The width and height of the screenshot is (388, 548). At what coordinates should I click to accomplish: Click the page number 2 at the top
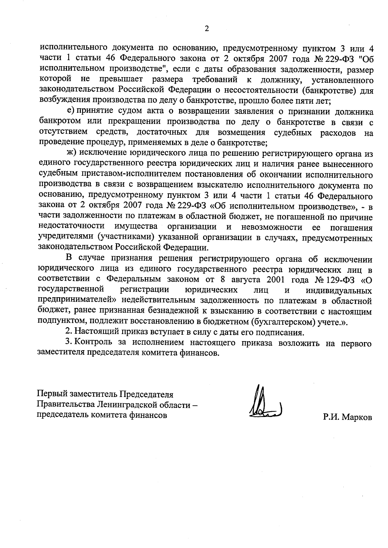coord(207,29)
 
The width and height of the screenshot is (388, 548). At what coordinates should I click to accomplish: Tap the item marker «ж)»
coord(71,153)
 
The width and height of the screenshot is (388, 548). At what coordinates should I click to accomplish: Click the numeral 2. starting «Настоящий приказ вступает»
coord(68,332)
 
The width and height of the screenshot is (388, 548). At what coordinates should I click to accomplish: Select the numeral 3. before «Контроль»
coord(68,342)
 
